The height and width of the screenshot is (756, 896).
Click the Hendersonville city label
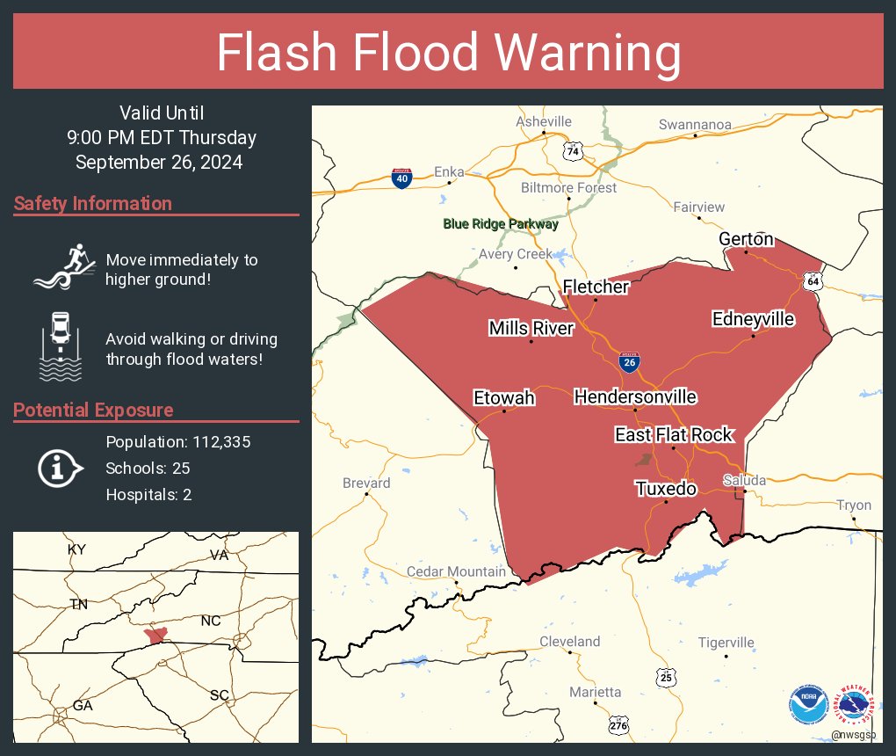(x=635, y=397)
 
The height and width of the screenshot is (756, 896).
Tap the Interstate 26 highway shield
(x=628, y=361)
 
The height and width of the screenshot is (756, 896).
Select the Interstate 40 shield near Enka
(x=401, y=178)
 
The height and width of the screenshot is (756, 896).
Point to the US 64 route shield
(x=813, y=280)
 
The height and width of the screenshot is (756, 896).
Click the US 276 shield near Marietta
(x=619, y=724)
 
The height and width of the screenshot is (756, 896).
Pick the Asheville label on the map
(x=544, y=121)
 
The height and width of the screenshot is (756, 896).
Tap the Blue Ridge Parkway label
(x=501, y=224)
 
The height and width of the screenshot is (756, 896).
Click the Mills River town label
(x=531, y=329)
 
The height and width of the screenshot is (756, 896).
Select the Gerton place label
(x=746, y=239)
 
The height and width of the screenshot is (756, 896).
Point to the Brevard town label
(x=366, y=483)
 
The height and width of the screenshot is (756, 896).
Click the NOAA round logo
(x=808, y=704)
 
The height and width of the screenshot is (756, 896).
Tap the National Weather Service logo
(x=855, y=704)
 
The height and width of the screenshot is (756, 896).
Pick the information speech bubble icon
(x=60, y=469)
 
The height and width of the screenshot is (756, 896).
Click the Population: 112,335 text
(x=178, y=442)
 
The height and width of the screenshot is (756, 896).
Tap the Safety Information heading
(x=93, y=204)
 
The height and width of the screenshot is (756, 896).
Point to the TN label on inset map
(x=79, y=604)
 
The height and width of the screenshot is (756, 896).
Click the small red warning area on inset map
(x=155, y=635)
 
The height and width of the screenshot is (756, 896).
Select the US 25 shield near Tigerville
(x=667, y=677)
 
